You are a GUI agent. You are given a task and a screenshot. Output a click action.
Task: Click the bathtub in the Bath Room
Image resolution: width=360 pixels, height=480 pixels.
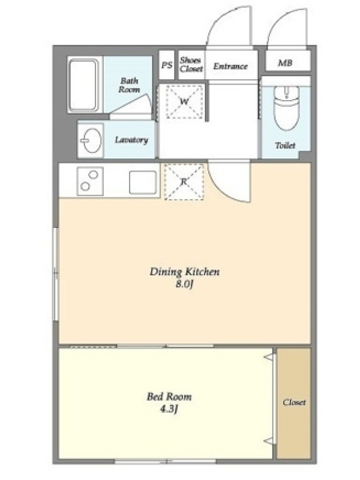(83, 85)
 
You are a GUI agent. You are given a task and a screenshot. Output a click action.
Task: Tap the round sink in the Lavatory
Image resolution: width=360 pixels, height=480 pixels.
(91, 140)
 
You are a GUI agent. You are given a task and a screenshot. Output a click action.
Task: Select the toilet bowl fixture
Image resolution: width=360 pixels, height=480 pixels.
(286, 107)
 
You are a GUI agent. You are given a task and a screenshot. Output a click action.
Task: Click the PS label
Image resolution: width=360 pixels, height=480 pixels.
(167, 65)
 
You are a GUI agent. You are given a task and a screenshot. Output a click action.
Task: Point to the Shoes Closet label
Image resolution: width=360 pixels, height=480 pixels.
(191, 65)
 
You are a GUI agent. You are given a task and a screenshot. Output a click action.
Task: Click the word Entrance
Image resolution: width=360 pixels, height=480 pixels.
(230, 66)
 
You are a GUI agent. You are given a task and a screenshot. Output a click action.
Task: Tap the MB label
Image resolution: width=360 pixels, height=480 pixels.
(284, 63)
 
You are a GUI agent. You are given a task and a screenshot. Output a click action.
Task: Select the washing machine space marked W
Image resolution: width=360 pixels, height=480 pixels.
(184, 101)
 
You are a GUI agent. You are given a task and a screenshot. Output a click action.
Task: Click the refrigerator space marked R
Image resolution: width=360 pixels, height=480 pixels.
(184, 182)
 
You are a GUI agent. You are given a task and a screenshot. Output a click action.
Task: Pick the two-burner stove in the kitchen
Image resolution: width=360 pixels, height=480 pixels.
(90, 181)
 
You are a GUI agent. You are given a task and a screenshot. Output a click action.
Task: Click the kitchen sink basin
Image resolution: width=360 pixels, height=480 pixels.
(143, 182)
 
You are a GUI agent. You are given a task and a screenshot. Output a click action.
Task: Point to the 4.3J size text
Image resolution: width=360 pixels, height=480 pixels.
(169, 409)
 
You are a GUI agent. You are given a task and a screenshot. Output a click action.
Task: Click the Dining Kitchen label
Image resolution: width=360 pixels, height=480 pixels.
(185, 272)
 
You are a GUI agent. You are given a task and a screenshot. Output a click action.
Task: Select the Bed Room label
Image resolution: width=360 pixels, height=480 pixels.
(169, 397)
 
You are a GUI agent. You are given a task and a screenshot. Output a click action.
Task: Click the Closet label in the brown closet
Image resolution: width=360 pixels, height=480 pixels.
(294, 402)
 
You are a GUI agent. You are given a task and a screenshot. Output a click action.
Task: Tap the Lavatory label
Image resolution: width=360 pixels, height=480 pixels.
(131, 140)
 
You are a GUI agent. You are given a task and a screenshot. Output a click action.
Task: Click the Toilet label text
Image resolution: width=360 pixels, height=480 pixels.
(285, 145)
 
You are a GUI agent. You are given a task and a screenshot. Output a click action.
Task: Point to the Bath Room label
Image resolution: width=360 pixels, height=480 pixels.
(129, 85)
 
